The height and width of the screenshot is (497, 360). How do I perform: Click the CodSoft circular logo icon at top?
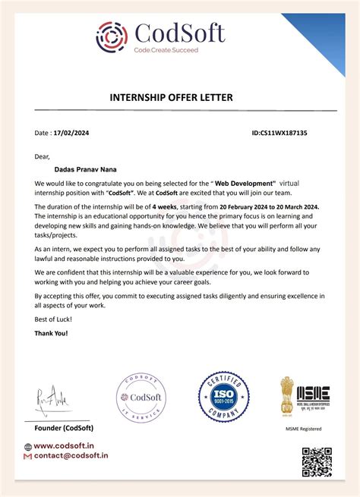coord(112,36)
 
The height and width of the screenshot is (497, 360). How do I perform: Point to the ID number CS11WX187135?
coord(279,132)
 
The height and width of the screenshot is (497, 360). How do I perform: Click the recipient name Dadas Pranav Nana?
coord(82,169)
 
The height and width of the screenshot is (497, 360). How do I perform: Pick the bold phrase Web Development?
coord(243,184)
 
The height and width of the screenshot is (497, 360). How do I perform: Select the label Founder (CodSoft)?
coord(64,428)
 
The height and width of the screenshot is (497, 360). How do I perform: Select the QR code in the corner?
coord(317,462)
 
